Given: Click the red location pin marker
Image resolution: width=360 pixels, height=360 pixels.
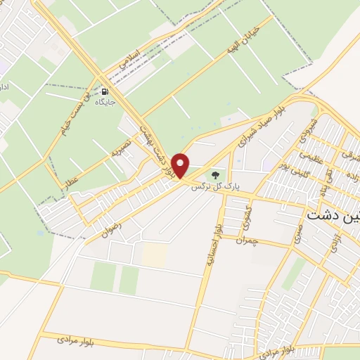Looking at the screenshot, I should coord(181,165).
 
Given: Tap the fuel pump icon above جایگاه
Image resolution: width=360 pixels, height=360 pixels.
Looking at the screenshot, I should coord(105,91).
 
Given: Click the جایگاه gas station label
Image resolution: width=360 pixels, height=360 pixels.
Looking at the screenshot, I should coord(105,103).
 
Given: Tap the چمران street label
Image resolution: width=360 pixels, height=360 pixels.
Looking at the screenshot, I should coord(248,240).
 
